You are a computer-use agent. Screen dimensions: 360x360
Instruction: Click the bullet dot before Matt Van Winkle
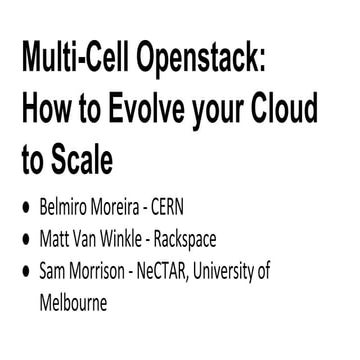click(27, 241)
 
